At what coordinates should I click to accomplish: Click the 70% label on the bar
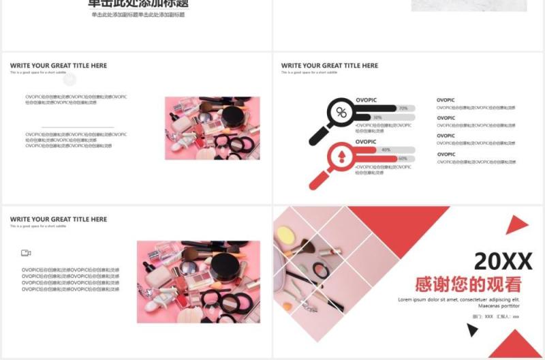[403, 108]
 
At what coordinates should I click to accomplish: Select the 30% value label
[396, 117]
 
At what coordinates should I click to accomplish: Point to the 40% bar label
[386, 149]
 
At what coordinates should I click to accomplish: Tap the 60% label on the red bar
[403, 159]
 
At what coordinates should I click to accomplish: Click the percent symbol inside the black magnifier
[341, 112]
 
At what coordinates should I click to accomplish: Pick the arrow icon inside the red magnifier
[341, 156]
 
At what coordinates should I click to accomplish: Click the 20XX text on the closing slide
[503, 261]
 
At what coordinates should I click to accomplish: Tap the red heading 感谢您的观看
[468, 284]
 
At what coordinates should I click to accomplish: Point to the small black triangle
[471, 331]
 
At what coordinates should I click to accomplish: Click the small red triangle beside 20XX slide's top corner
[516, 225]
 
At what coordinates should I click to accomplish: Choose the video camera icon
[26, 253]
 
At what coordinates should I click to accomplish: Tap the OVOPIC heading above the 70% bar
[366, 100]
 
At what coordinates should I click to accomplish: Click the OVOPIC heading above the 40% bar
[366, 142]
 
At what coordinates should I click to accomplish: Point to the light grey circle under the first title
[69, 80]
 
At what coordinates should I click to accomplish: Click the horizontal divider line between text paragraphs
[77, 127]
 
